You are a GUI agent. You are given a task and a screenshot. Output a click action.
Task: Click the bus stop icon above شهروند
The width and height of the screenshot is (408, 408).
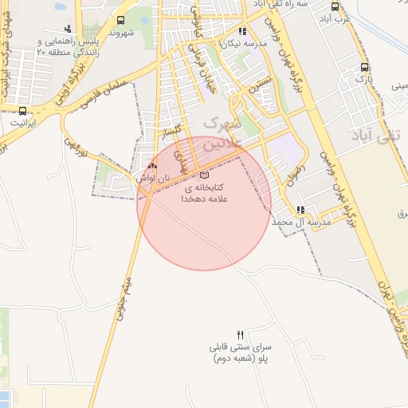click(120, 21)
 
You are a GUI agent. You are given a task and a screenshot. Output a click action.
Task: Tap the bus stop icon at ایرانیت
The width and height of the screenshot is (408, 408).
click(22, 111)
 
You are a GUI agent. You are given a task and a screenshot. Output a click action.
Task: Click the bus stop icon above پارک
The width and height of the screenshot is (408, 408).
click(364, 68)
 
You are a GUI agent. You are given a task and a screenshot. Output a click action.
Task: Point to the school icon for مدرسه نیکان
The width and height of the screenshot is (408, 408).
click(242, 32)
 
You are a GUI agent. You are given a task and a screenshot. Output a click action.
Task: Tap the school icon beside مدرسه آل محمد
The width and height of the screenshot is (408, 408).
click(300, 210)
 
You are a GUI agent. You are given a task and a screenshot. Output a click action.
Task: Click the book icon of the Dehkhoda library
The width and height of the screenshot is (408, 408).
click(205, 175)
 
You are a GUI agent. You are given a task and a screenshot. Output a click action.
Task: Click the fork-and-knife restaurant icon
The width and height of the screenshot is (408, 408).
click(241, 332)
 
